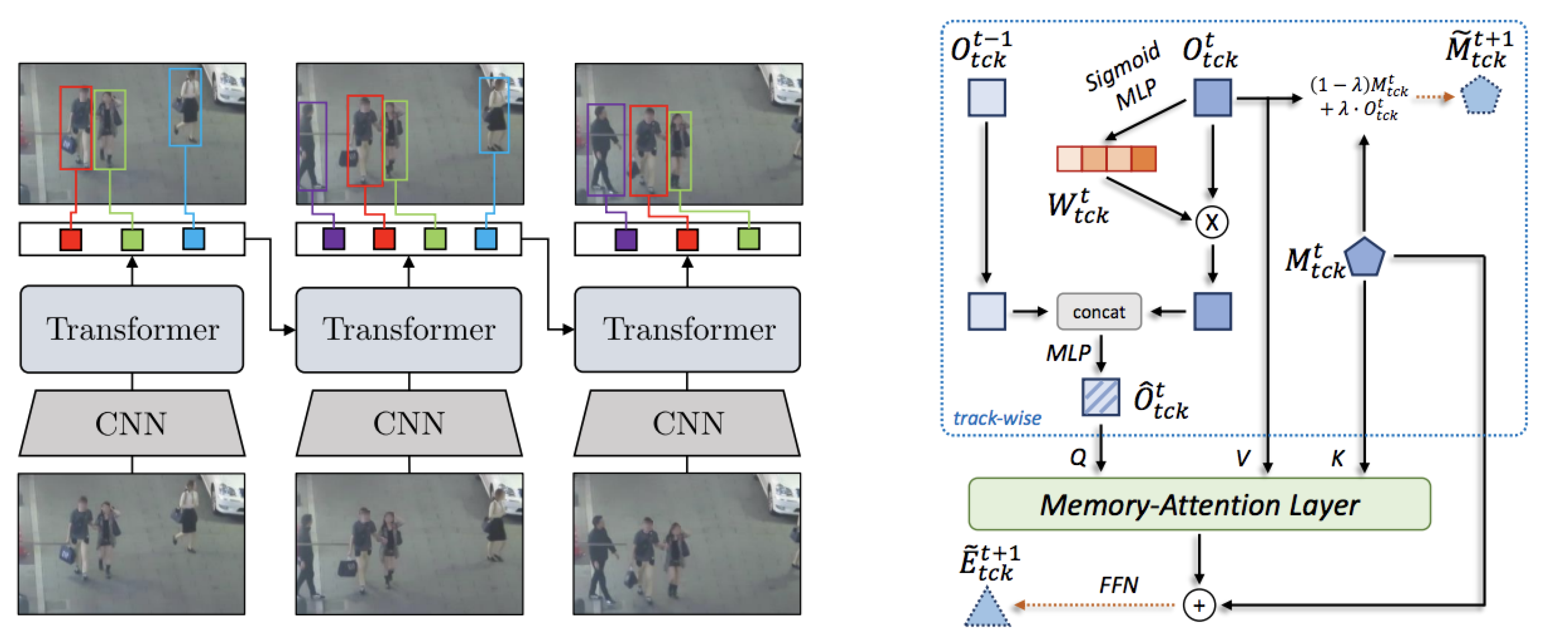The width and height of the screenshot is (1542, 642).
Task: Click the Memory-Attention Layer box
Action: click(1199, 504)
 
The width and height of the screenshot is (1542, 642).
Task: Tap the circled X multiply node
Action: click(1212, 222)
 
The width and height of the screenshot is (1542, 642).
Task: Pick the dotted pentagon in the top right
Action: click(1480, 95)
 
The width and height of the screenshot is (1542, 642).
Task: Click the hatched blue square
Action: click(1100, 396)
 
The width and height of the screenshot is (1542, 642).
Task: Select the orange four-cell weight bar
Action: click(1106, 159)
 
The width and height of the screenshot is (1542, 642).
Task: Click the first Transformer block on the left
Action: click(132, 329)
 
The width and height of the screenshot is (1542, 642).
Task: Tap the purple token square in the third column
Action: click(626, 240)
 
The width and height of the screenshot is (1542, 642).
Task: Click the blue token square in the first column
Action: click(193, 239)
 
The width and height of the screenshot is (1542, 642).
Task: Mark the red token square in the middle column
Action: click(384, 239)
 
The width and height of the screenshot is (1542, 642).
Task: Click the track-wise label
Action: click(997, 418)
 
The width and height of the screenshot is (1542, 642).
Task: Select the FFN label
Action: click(1118, 585)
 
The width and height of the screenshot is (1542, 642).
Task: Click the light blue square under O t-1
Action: click(986, 98)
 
